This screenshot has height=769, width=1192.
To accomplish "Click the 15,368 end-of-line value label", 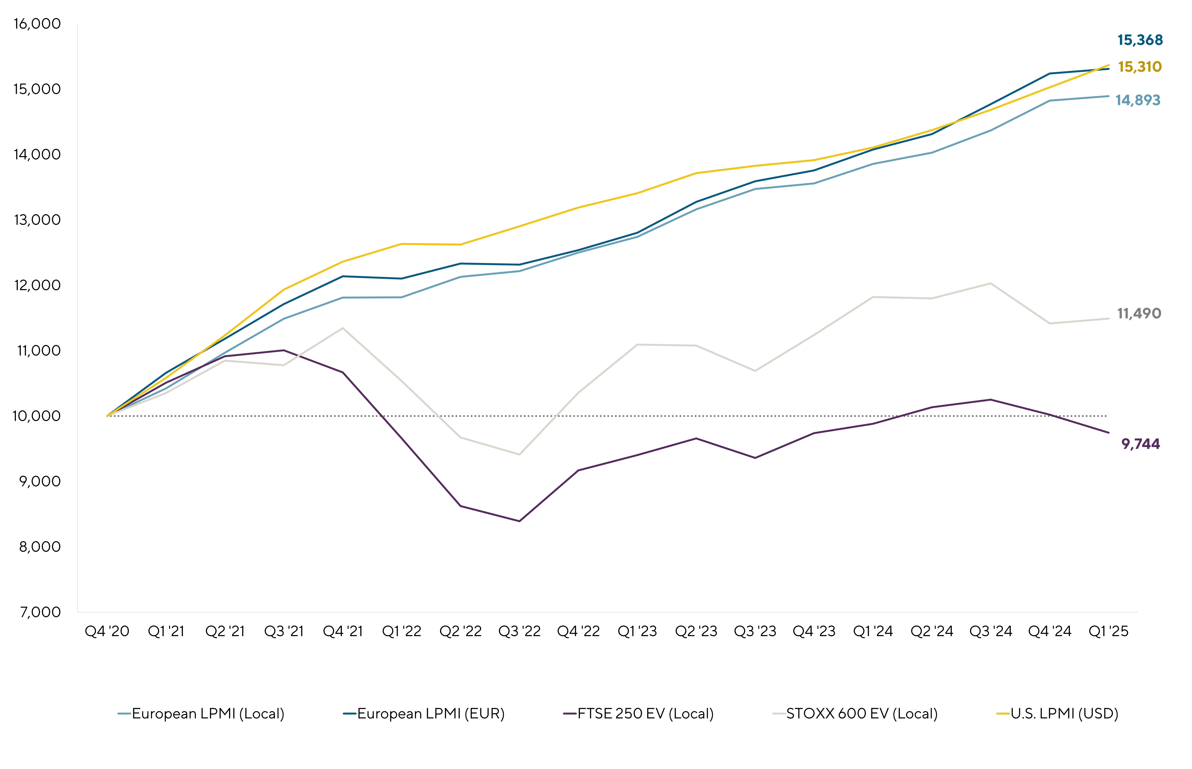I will (x=1140, y=40).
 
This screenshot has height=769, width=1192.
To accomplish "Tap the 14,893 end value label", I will (x=1138, y=100).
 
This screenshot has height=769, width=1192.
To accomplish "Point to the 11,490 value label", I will (x=1139, y=314).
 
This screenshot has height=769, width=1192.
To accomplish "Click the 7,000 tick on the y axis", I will (x=40, y=612).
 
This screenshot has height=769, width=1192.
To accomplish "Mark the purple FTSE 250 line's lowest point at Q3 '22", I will (x=519, y=521).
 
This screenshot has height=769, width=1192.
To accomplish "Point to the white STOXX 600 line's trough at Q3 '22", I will (x=519, y=454).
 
